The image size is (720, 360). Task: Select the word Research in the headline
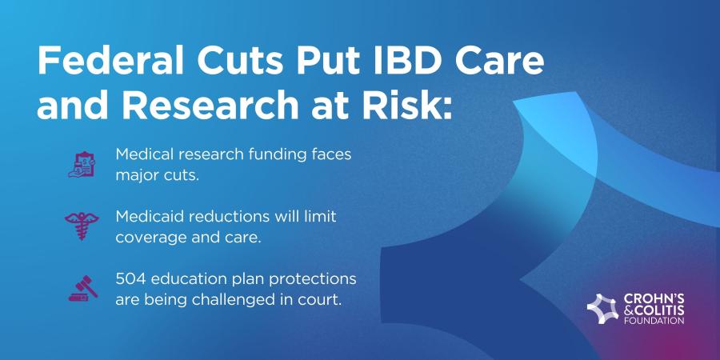(x=210, y=106)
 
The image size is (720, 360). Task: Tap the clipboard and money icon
(x=82, y=164)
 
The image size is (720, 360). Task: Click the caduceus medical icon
(x=82, y=226)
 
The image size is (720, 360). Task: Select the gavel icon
(x=83, y=288)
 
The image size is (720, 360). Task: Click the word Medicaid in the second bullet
(x=146, y=217)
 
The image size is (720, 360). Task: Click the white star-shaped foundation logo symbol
(x=602, y=309)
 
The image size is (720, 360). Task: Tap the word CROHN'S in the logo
(x=654, y=299)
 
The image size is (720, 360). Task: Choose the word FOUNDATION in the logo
(x=654, y=321)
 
